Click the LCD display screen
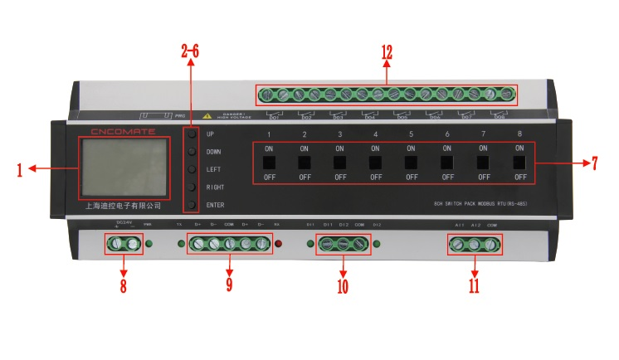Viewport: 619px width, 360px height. pyautogui.click(x=124, y=168)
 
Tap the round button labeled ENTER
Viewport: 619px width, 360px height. pyautogui.click(x=192, y=205)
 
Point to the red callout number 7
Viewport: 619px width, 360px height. pyautogui.click(x=594, y=163)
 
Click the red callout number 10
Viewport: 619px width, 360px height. pyautogui.click(x=343, y=287)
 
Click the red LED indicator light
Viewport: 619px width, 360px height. pyautogui.click(x=279, y=245)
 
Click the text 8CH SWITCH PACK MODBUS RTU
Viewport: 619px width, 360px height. pyautogui.click(x=480, y=204)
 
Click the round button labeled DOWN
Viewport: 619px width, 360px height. pyautogui.click(x=192, y=152)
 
